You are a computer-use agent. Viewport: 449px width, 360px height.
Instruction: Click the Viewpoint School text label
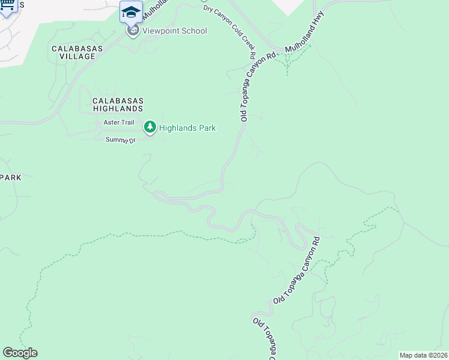click(x=175, y=31)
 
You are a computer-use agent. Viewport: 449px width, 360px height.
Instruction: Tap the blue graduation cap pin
click(x=131, y=12)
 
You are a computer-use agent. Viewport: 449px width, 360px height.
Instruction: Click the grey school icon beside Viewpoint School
click(x=133, y=31)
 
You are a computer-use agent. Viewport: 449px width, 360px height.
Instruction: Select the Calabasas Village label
click(x=73, y=52)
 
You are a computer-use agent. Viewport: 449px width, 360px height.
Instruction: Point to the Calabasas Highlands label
click(x=118, y=105)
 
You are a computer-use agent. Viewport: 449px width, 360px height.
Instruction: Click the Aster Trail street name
click(x=119, y=122)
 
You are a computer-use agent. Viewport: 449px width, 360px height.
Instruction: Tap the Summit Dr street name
click(x=121, y=140)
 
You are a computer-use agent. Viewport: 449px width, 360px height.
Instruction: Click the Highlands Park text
click(x=187, y=128)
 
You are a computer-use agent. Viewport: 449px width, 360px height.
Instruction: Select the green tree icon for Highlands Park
click(x=149, y=127)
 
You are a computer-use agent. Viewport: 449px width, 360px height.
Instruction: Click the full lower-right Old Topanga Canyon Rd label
click(x=297, y=270)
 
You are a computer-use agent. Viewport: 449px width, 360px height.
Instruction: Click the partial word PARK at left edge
click(x=10, y=178)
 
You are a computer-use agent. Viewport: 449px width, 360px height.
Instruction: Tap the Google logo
click(x=20, y=353)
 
